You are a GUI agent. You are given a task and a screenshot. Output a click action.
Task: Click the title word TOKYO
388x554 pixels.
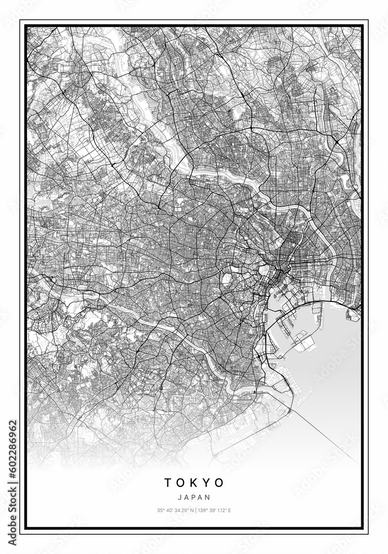point(194,483)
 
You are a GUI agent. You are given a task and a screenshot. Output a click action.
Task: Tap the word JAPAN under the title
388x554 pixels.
point(194,498)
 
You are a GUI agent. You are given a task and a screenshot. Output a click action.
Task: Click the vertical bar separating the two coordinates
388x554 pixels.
point(195,510)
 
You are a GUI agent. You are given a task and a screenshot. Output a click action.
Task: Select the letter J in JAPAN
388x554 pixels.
point(180,498)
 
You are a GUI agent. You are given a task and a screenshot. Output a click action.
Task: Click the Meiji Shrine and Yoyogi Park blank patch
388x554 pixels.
point(226,280)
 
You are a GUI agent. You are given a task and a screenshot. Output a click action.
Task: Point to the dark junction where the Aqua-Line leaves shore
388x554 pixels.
point(289,410)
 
